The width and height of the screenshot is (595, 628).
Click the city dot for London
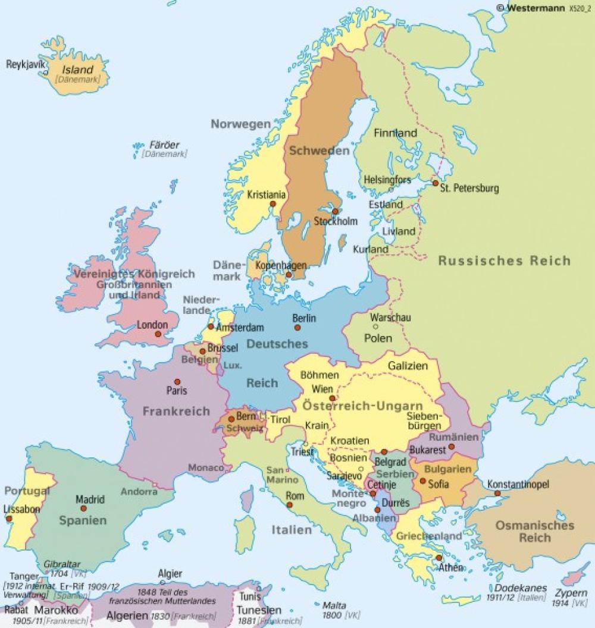(x=158, y=335)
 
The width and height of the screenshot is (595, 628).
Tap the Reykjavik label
(x=26, y=64)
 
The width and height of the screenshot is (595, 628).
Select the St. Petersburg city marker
(x=436, y=183)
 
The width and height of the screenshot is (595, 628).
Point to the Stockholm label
(x=336, y=221)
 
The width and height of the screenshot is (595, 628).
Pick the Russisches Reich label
(x=504, y=260)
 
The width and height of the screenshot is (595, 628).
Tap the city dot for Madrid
(x=83, y=508)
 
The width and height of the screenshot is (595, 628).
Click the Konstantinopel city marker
(x=497, y=493)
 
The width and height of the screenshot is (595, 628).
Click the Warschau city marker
(x=375, y=326)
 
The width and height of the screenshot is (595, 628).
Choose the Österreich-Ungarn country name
(x=355, y=406)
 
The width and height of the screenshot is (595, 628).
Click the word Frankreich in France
(x=176, y=411)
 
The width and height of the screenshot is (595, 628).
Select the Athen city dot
(x=439, y=558)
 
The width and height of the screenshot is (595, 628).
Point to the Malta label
(x=334, y=605)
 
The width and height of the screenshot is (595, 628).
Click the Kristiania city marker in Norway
(x=273, y=203)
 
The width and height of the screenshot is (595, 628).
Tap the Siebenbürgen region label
(x=424, y=420)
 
